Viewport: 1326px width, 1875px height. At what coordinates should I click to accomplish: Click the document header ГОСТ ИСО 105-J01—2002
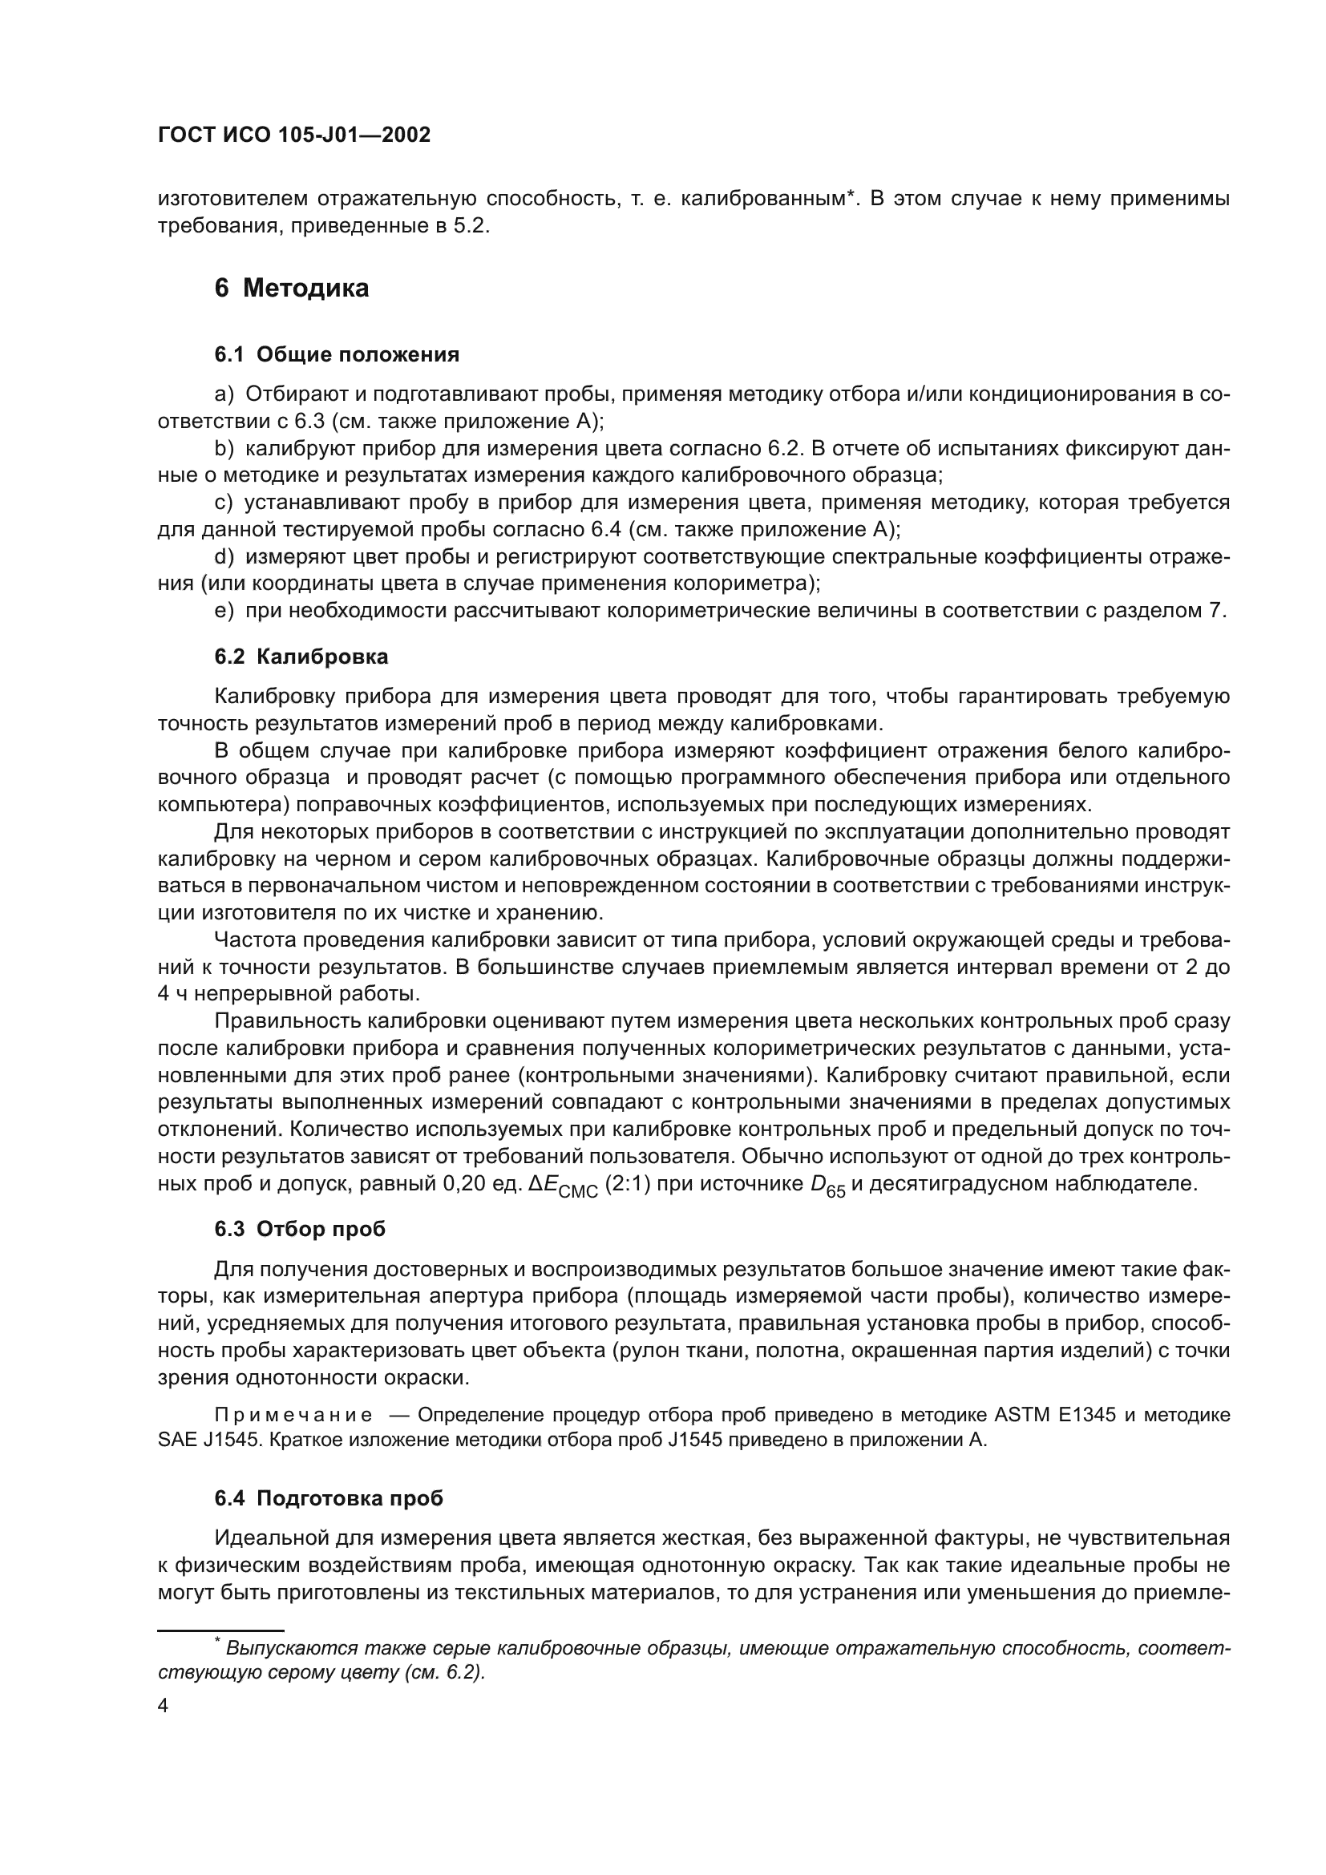[x=294, y=135]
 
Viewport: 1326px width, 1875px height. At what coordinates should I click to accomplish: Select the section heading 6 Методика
[x=292, y=289]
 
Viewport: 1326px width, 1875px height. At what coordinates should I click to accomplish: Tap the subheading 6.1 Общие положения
[x=337, y=354]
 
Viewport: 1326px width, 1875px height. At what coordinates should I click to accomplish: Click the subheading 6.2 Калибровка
[x=301, y=657]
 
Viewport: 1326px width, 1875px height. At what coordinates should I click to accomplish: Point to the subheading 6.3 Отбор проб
[x=300, y=1229]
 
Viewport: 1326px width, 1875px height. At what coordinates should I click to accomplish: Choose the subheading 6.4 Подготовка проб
[x=329, y=1498]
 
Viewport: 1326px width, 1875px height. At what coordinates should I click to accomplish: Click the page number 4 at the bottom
[x=164, y=1706]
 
